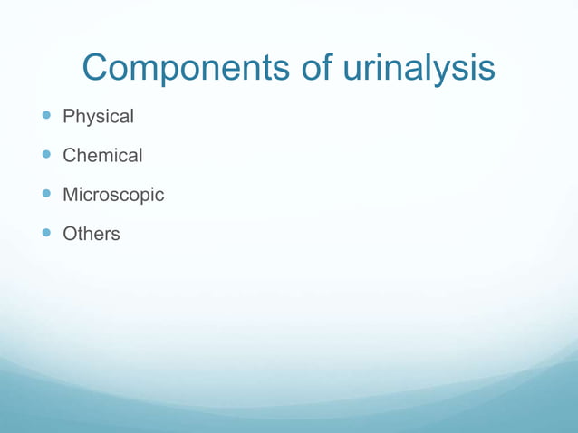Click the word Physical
(98, 117)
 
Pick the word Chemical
(102, 156)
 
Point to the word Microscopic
(113, 195)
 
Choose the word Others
(91, 234)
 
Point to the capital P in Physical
(68, 117)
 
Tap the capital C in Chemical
(69, 156)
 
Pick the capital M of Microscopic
(70, 195)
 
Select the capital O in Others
(69, 234)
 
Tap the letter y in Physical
(89, 120)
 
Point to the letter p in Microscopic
(142, 197)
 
